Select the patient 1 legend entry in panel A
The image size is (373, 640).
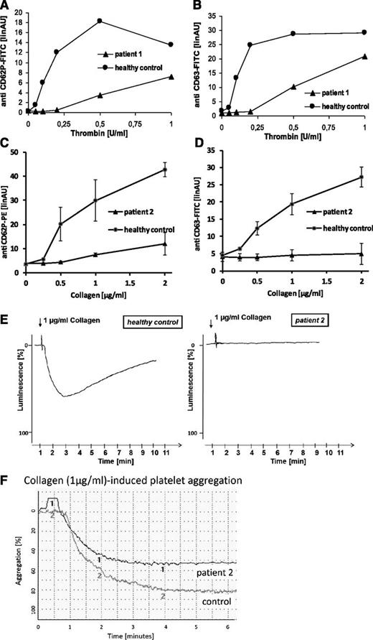(127, 53)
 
